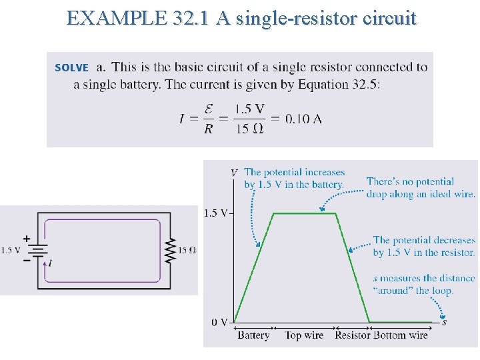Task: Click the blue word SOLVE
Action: click(71, 67)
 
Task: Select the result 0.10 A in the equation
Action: click(303, 119)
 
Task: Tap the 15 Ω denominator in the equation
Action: click(249, 129)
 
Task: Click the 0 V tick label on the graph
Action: click(220, 322)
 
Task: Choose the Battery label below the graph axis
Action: click(253, 335)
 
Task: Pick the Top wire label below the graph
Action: click(304, 335)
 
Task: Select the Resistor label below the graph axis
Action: click(352, 335)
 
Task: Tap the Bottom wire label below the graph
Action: click(401, 335)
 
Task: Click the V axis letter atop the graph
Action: click(233, 173)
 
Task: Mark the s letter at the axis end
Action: click(445, 322)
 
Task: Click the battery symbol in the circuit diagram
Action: click(38, 251)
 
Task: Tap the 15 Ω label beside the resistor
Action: click(187, 251)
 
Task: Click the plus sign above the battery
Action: click(27, 238)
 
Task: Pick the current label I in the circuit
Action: click(51, 263)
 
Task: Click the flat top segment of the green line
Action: click(304, 213)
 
